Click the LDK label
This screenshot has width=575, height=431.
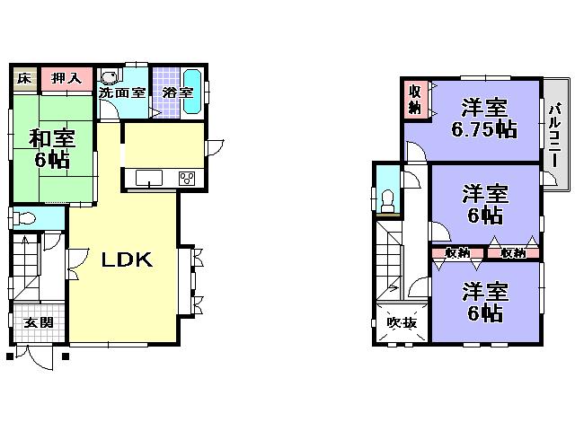[x=127, y=260]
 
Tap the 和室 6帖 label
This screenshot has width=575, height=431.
[x=52, y=149]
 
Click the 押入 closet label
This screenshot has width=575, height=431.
[x=62, y=78]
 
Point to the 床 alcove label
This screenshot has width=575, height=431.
[x=24, y=78]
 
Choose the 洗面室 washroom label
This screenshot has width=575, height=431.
[x=122, y=92]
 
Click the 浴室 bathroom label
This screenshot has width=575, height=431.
[x=177, y=92]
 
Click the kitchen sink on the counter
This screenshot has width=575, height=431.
[x=149, y=177]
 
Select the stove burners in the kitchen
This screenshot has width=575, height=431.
[x=188, y=177]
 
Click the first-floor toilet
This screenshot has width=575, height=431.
[x=26, y=217]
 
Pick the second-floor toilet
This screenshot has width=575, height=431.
[x=389, y=199]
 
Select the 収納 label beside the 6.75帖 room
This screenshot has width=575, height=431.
[x=415, y=100]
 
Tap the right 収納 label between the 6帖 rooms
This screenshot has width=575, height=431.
[x=514, y=252]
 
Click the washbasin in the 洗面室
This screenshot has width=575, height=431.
[x=109, y=77]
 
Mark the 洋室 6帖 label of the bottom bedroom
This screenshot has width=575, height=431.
[x=485, y=303]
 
